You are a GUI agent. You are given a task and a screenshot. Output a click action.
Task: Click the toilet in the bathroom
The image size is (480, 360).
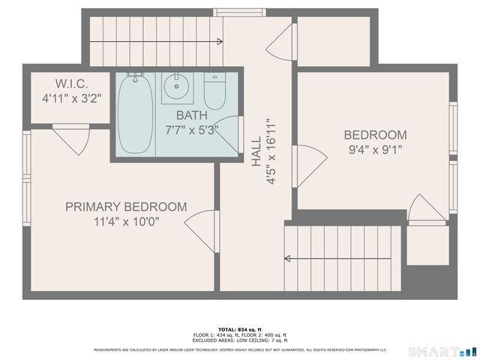coord(215,91)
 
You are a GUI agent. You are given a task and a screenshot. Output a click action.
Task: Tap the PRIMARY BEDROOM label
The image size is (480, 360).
coord(125,207)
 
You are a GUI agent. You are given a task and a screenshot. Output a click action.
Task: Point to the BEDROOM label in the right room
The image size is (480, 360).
coord(375,135)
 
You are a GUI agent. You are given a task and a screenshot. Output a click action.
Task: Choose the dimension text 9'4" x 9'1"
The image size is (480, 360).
coord(375,149)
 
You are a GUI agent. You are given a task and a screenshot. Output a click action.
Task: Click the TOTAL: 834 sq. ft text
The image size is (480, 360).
coord(240,329)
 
